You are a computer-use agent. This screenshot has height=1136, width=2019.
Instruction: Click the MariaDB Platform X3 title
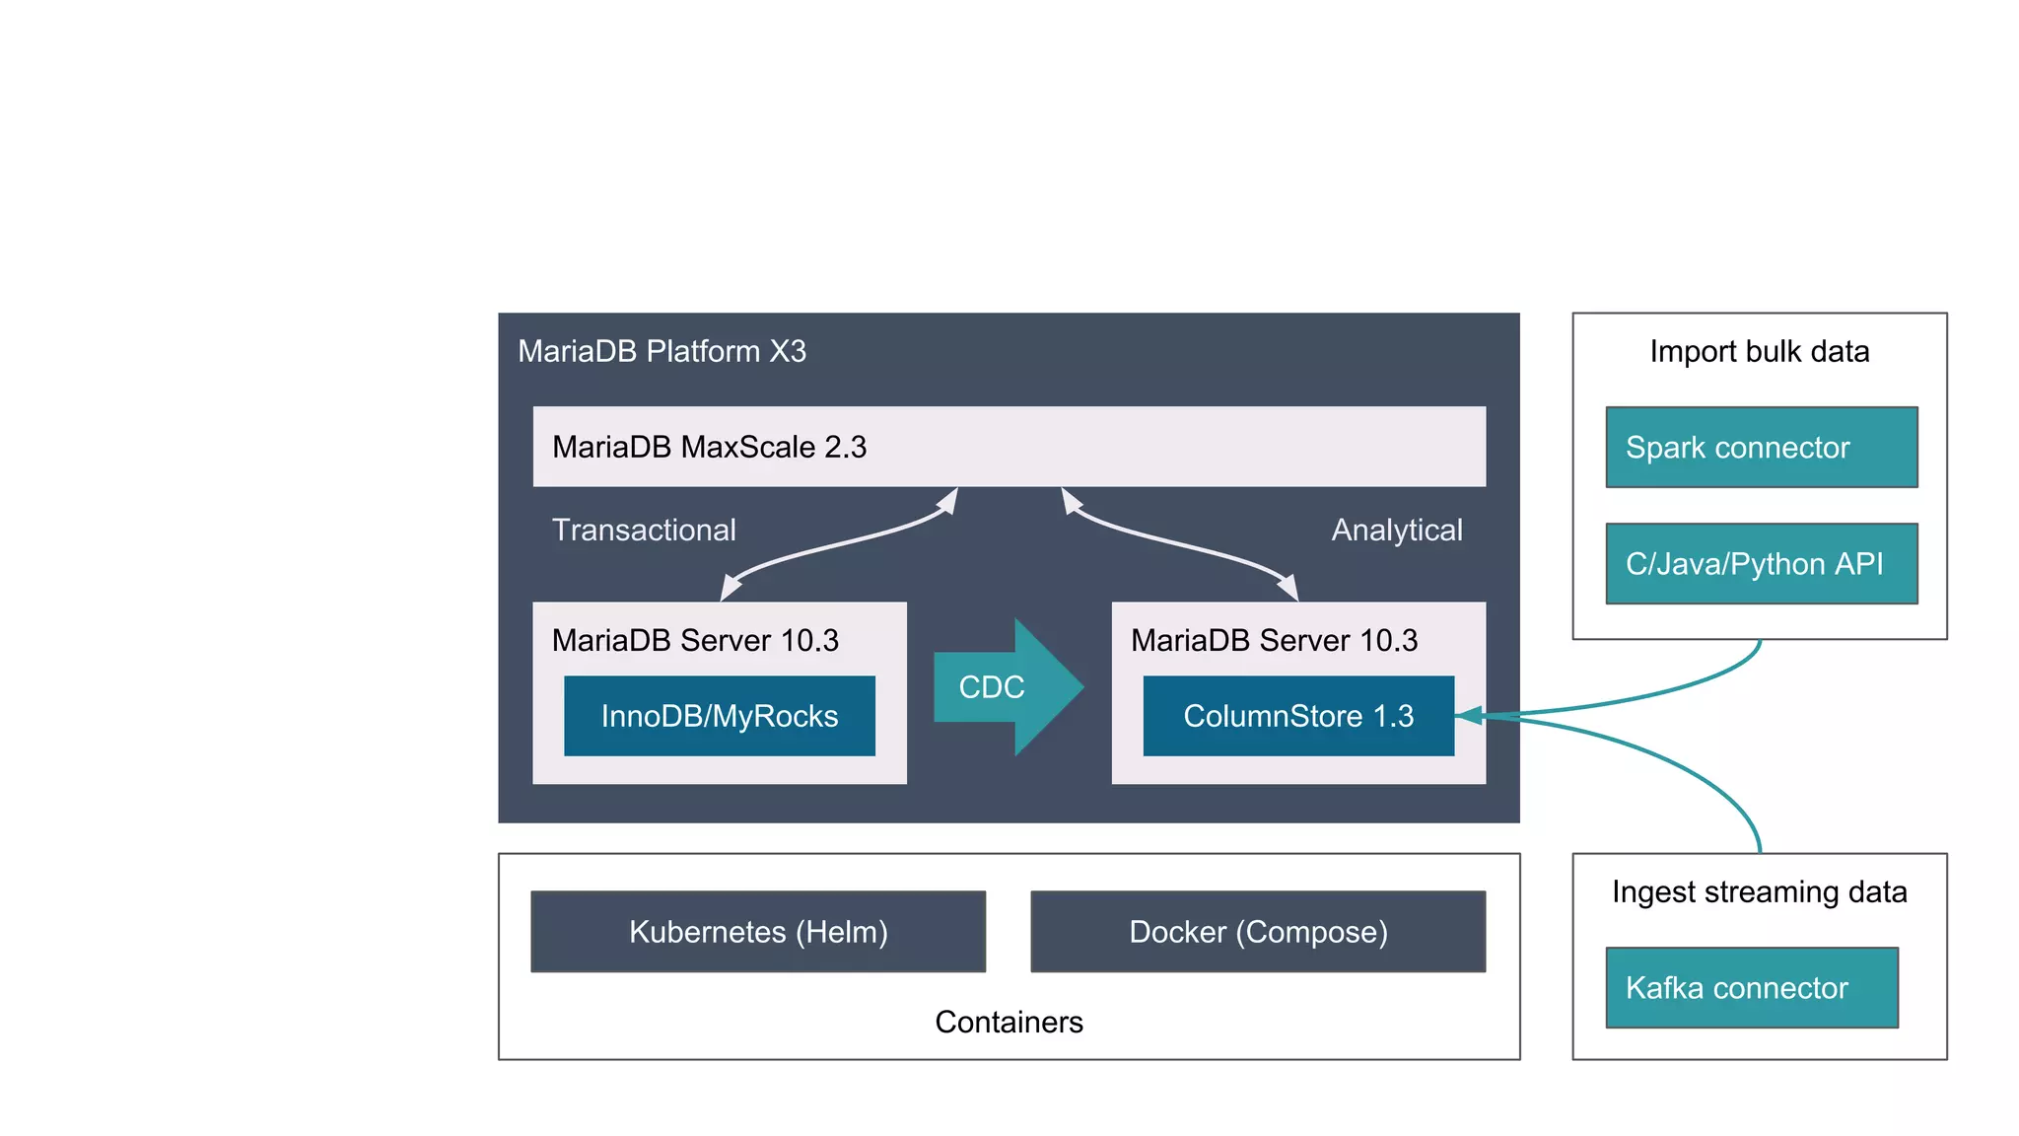[661, 351]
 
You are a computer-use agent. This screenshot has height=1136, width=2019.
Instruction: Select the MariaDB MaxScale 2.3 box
[1009, 447]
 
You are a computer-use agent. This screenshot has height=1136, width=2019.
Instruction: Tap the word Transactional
[644, 530]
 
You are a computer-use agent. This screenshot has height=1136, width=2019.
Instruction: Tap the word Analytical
[1396, 530]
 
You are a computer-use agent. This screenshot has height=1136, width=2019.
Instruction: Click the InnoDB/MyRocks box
[719, 716]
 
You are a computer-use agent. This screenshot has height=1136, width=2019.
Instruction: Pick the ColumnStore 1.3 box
[1297, 716]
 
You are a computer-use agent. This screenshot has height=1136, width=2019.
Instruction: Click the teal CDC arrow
[1006, 687]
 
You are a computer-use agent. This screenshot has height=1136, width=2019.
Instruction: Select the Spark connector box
[1761, 447]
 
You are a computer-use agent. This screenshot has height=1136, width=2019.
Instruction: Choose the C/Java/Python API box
[1761, 563]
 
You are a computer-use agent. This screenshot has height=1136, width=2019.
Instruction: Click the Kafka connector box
[1751, 987]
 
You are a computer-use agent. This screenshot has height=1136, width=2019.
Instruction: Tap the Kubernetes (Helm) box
[757, 932]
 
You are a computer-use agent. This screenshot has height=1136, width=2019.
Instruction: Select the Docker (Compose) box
[1258, 932]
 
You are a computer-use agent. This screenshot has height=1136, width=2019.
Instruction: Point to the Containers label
[1009, 1022]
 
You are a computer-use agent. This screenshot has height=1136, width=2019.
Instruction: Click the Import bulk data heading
[1759, 351]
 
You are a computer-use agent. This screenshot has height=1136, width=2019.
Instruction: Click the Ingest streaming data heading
[1759, 891]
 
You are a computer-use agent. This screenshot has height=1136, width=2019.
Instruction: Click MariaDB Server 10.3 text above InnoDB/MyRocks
[695, 640]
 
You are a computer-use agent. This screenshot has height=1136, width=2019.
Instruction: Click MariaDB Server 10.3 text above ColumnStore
[1274, 640]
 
